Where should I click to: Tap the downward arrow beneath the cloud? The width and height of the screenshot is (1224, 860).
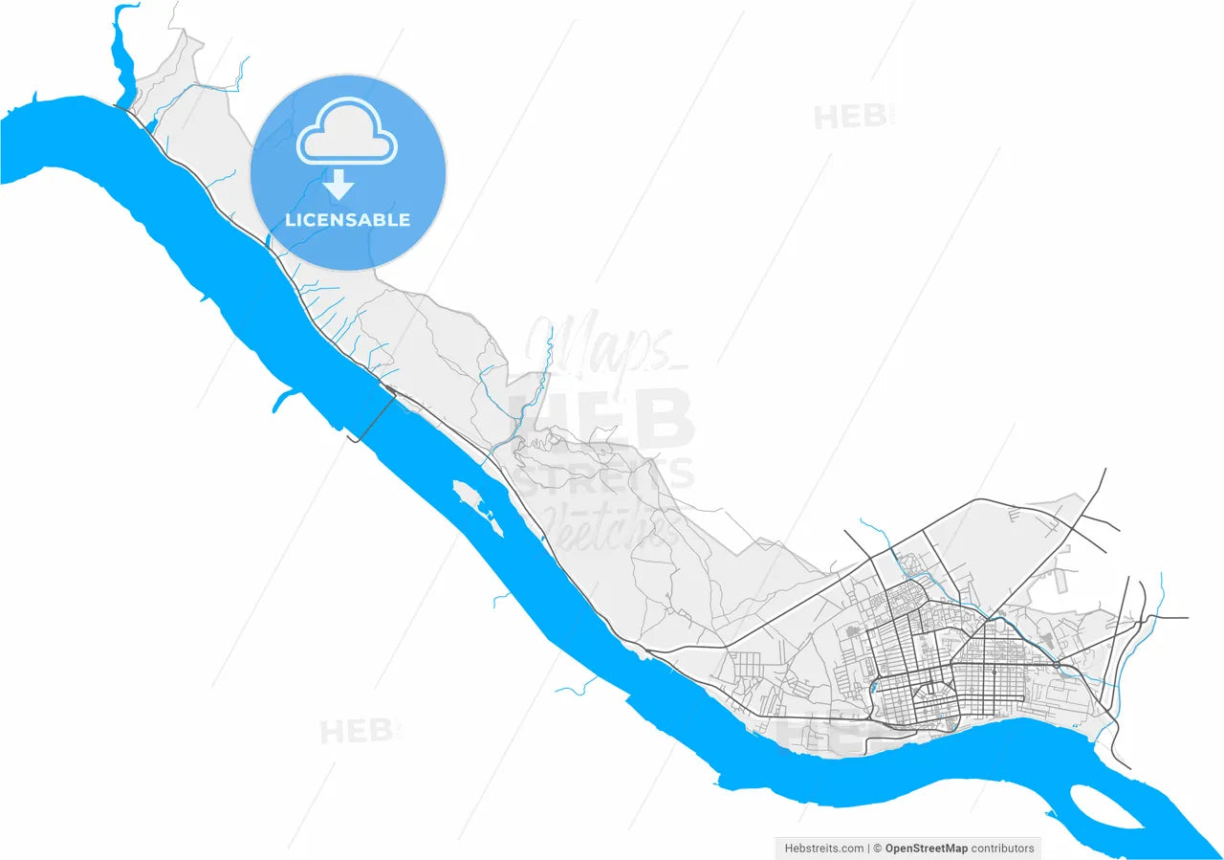[339, 184]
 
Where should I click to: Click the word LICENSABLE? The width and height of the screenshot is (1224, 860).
[347, 220]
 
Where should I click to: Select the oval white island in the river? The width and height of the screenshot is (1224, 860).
[1106, 805]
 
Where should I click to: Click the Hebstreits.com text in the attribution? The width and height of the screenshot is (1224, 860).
[824, 848]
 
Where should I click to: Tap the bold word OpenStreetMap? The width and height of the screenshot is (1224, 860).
[926, 848]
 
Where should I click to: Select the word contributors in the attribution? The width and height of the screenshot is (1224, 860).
[1002, 848]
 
